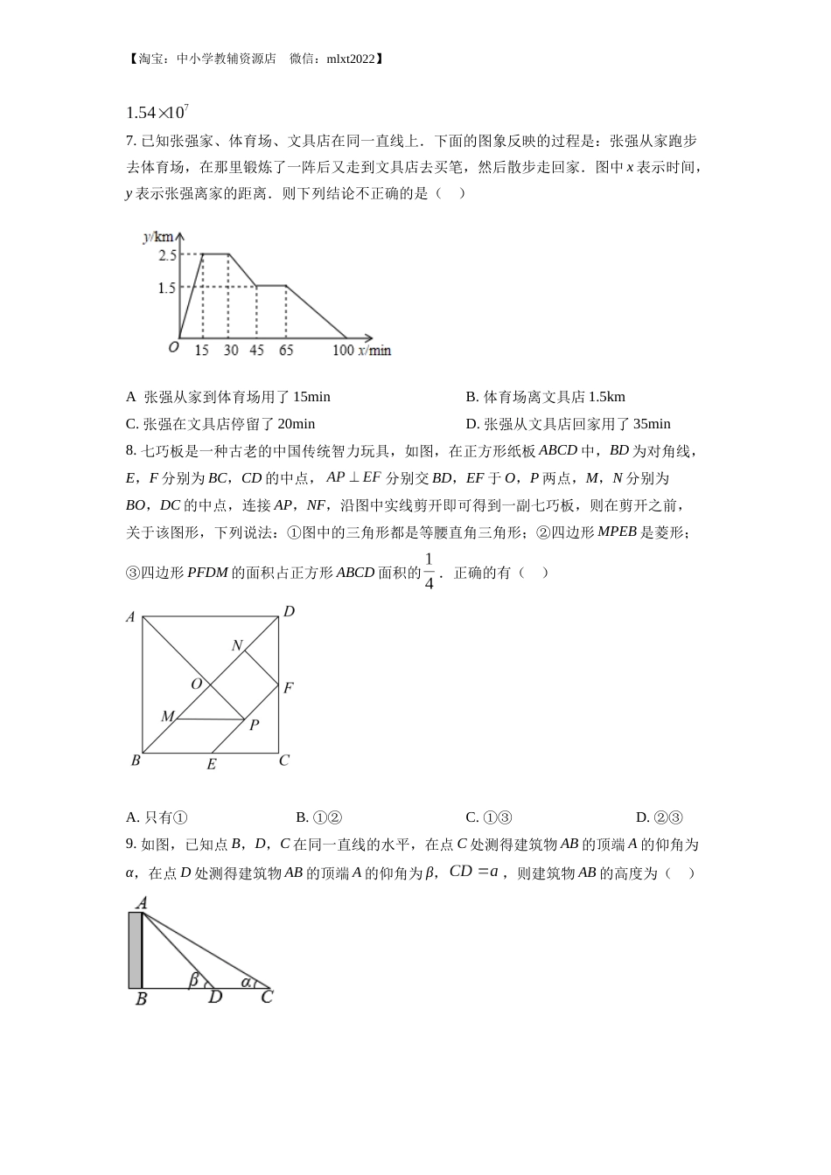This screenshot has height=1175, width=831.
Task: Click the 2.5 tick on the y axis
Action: click(x=167, y=255)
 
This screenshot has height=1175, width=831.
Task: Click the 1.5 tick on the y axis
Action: click(x=167, y=288)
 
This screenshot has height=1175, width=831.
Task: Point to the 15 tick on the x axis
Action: click(x=202, y=351)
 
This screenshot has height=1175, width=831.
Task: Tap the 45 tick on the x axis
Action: click(x=256, y=351)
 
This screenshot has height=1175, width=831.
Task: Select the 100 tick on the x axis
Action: click(x=343, y=351)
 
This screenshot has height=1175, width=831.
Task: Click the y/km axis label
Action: click(x=163, y=237)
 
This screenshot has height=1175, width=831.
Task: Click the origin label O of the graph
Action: click(x=173, y=348)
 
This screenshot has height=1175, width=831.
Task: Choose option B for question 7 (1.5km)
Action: click(x=545, y=397)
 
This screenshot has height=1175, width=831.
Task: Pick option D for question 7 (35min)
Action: click(x=568, y=424)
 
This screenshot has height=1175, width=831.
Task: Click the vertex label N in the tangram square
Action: click(x=237, y=645)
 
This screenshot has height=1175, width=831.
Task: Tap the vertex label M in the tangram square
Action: click(x=166, y=717)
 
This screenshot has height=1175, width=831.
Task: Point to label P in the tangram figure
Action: click(x=254, y=725)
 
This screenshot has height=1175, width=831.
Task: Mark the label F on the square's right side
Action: click(x=288, y=688)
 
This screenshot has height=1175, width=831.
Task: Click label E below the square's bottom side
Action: click(x=211, y=765)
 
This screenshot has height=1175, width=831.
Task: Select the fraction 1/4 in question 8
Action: click(x=429, y=572)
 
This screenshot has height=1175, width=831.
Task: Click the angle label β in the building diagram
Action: click(x=193, y=980)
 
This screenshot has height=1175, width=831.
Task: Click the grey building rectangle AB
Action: click(x=135, y=949)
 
